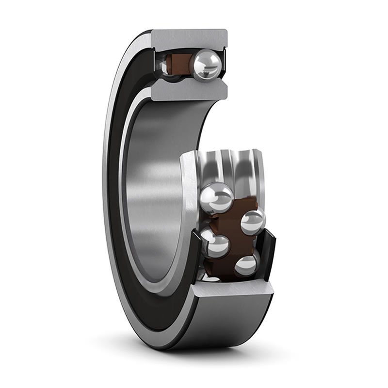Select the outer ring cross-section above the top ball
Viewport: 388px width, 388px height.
tap(189, 38)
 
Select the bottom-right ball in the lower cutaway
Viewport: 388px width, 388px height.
tap(246, 265)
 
